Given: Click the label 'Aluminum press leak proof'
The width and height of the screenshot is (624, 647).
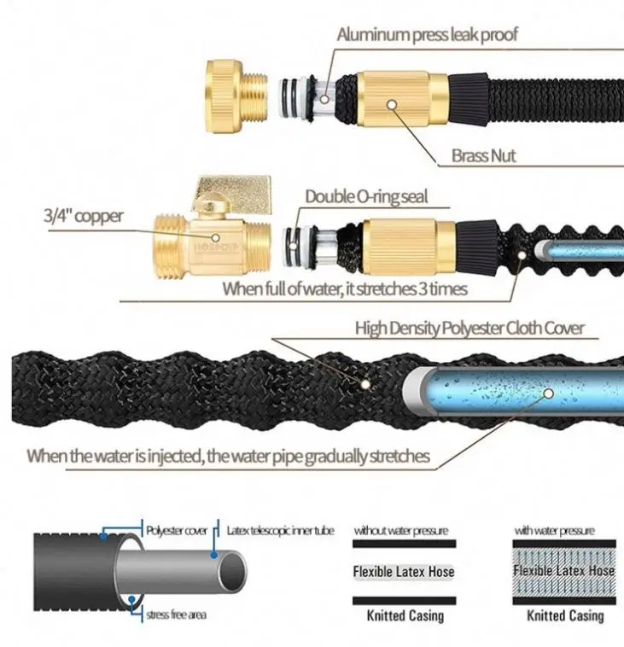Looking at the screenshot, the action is tap(427, 34).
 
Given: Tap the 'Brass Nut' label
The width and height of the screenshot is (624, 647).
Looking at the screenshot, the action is tap(483, 156).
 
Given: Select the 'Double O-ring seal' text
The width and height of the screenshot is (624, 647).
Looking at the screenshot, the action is tap(366, 197).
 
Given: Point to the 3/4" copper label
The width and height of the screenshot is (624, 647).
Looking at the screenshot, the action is tap(84, 216).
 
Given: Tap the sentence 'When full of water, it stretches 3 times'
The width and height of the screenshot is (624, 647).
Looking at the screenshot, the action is tap(345, 289).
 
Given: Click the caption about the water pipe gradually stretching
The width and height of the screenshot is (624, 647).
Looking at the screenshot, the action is tap(228, 456).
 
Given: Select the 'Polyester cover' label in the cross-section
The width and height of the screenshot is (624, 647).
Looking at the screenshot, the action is tap(177, 530).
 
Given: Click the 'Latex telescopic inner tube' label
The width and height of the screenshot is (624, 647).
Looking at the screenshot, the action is tap(280, 530).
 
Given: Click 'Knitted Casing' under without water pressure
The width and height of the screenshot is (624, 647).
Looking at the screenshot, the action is tap(404, 615).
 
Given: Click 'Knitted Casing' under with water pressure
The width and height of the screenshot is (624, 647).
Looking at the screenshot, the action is tap(564, 615).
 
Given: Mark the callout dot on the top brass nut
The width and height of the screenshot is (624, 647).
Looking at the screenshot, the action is tap(391, 103).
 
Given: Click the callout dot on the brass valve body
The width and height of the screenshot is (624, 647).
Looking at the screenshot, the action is tap(217, 242).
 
